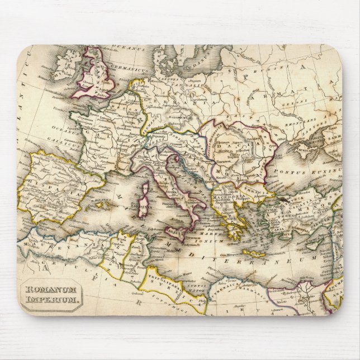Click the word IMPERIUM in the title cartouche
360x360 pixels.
[x=52, y=300]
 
